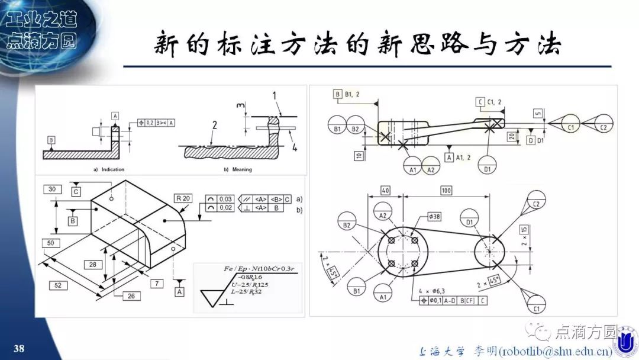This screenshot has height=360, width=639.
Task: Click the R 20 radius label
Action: [182, 198]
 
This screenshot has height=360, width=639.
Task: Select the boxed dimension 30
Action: [52, 189]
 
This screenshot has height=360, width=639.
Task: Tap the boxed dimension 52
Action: [57, 285]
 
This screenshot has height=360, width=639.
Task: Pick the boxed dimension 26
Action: [131, 295]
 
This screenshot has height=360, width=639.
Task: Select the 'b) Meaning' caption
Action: [238, 170]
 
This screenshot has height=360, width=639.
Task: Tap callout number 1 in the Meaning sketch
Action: [275, 95]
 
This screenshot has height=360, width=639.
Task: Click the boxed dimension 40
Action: [385, 191]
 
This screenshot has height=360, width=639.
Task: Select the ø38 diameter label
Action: [433, 217]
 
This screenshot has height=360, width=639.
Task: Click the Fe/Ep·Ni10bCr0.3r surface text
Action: [258, 269]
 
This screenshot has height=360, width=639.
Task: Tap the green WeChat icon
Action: [540, 330]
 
